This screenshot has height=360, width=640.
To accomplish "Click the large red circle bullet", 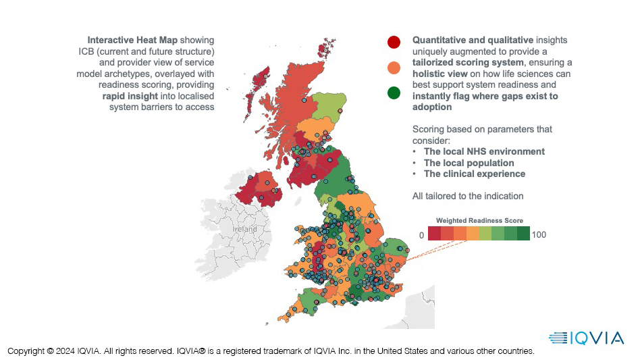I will (x=394, y=43).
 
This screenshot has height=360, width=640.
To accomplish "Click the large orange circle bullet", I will (x=394, y=68).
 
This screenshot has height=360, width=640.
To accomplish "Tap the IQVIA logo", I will (x=587, y=338).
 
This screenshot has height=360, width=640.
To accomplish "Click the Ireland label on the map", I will (x=244, y=230).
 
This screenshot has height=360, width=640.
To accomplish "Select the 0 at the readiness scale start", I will (x=421, y=235).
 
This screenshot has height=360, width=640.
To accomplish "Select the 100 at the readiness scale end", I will (x=539, y=235).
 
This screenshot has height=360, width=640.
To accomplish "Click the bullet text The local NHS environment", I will (x=484, y=152).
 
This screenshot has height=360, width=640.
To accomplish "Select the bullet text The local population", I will (x=469, y=163).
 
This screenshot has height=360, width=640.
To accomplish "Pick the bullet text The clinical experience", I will (x=474, y=174).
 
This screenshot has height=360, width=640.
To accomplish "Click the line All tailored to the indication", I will (x=468, y=196).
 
